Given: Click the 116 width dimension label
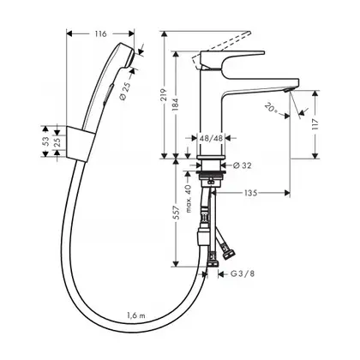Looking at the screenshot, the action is click(x=100, y=34).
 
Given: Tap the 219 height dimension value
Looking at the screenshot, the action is click(x=164, y=94).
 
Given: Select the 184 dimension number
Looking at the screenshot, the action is click(x=176, y=105).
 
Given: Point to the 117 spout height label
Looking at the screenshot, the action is click(x=315, y=124).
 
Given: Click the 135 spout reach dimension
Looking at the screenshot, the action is click(x=250, y=193).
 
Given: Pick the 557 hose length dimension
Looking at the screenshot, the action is click(x=177, y=213).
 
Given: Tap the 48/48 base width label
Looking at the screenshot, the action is click(x=211, y=138).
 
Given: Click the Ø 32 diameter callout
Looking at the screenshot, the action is click(x=242, y=165).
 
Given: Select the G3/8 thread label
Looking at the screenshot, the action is click(x=243, y=274).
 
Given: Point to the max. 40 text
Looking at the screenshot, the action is click(x=189, y=199).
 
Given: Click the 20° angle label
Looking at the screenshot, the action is click(x=271, y=108).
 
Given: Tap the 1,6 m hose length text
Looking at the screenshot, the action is click(x=136, y=315).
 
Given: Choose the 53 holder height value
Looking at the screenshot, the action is click(x=45, y=141).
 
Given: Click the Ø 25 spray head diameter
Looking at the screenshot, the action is click(x=125, y=91).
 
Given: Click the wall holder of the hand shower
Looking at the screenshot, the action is click(x=80, y=143).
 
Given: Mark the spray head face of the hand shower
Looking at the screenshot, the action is click(x=130, y=57).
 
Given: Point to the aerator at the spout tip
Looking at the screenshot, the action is click(x=287, y=90).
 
